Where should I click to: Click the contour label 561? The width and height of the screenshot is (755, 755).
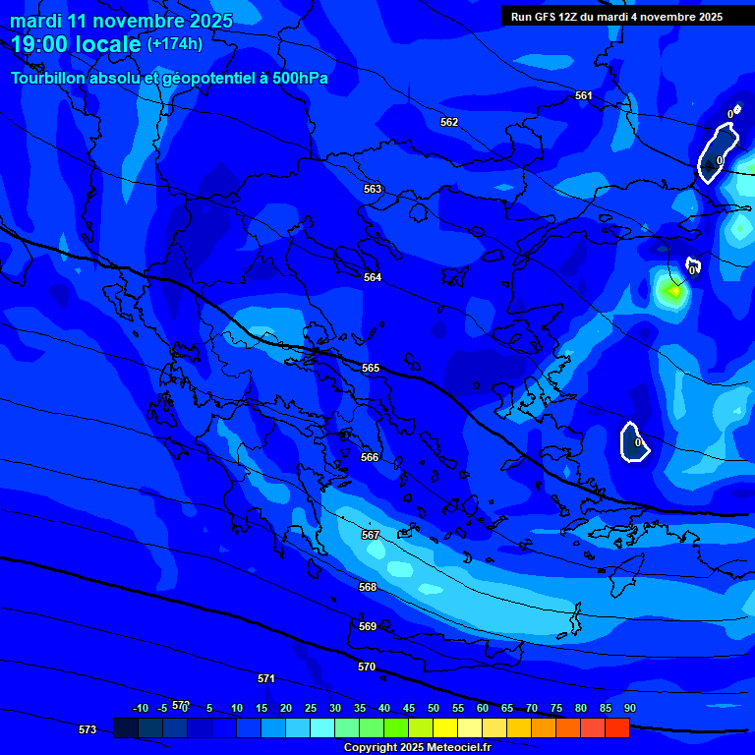(x=584, y=95)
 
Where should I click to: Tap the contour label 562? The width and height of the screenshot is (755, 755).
(x=449, y=122)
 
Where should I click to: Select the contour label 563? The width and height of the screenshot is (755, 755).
(x=373, y=189)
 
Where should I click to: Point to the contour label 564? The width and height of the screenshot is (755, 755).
(x=373, y=278)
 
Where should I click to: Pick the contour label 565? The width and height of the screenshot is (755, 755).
(x=371, y=368)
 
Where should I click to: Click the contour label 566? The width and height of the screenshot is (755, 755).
(x=370, y=457)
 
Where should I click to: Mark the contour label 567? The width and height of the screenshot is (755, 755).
(x=371, y=535)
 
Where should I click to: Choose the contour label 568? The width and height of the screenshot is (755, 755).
(x=368, y=587)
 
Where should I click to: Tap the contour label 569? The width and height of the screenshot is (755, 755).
(x=368, y=626)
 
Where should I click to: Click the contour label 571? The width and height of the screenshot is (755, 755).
(x=266, y=678)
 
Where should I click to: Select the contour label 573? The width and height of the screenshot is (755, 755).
(x=87, y=729)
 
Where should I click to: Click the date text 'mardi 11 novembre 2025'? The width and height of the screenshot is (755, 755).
(x=121, y=21)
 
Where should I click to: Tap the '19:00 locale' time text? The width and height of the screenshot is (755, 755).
(x=77, y=44)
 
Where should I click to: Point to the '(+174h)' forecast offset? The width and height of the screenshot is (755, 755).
(x=175, y=44)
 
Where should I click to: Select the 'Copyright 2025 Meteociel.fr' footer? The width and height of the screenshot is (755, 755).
(x=417, y=747)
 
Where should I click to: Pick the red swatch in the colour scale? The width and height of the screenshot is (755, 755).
(x=617, y=727)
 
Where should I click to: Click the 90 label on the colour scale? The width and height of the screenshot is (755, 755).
(x=629, y=708)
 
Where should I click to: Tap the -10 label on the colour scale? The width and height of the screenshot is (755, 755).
(x=141, y=708)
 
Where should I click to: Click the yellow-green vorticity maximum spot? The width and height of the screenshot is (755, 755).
(x=674, y=290)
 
